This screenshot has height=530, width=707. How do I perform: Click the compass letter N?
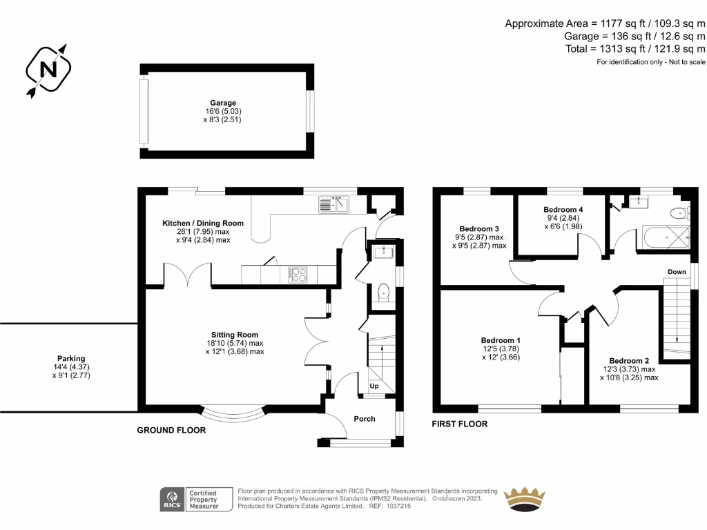tap(48, 70)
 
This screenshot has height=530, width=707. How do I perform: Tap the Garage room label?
tap(223, 103)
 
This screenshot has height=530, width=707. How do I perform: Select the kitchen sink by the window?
tap(333, 204)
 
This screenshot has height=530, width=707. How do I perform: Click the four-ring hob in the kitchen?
tap(298, 275)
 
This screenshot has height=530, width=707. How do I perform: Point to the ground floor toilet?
tap(383, 292)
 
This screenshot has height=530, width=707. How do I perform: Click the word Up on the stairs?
tap(374, 386)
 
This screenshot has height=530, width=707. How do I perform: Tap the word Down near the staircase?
tap(677, 272)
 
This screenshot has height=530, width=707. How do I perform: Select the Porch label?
tap(365, 419)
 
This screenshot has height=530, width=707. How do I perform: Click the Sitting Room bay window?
tap(233, 415)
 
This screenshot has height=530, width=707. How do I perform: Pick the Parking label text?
tap(71, 359)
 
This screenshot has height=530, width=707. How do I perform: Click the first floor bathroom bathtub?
tap(666, 237)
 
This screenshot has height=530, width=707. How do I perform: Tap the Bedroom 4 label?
tap(563, 210)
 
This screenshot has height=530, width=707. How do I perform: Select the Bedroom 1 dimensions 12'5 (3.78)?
tap(501, 349)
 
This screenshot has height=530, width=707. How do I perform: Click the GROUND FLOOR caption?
tap(171, 431)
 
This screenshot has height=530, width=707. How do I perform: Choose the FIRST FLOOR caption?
tap(459, 424)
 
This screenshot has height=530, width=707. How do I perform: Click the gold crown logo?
tap(525, 500)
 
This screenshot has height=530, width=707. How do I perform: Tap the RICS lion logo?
tap(172, 500)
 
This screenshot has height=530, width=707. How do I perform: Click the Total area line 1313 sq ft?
tap(635, 49)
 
